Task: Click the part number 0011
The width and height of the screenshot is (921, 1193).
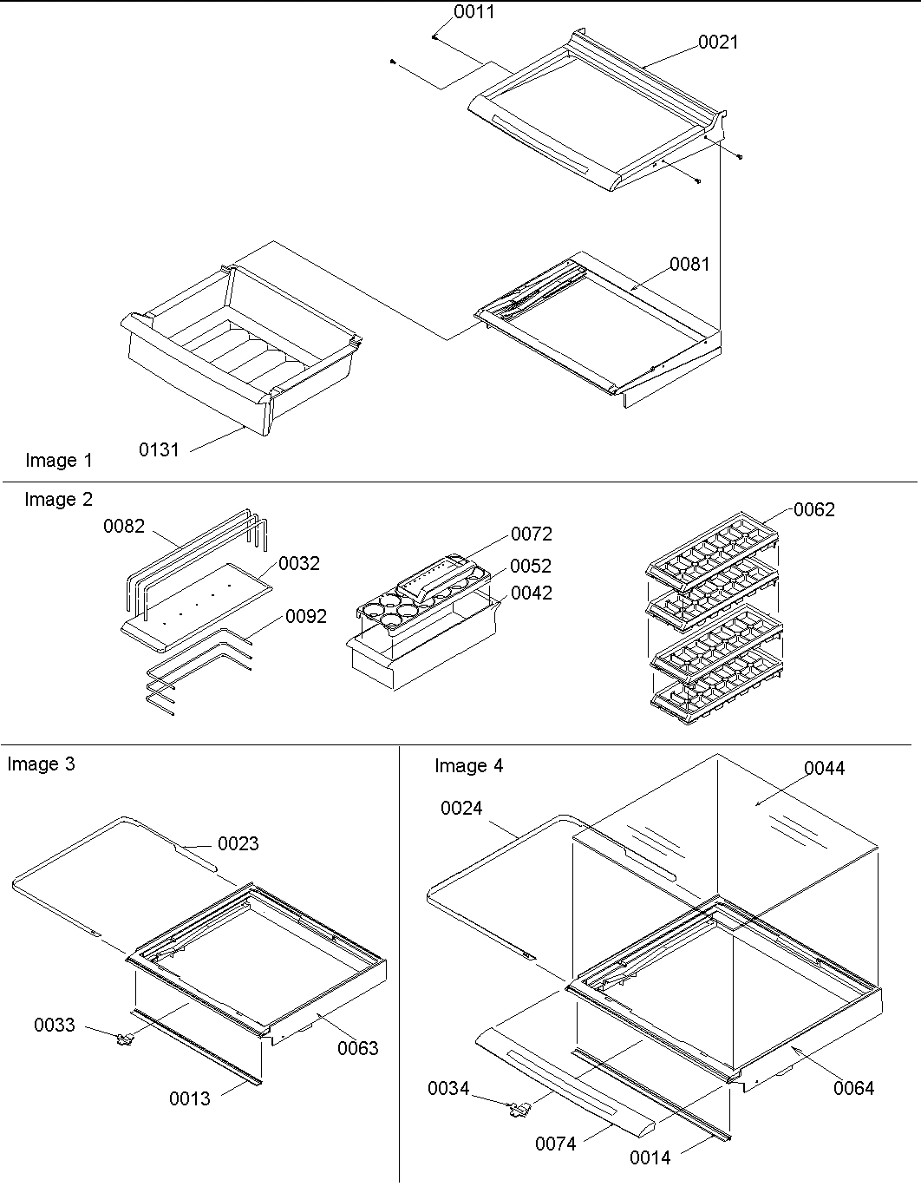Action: pos(474,12)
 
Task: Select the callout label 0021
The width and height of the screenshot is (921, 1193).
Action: pos(719,42)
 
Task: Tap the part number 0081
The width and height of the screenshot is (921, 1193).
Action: pos(689,264)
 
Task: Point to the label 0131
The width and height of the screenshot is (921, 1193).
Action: pos(159,449)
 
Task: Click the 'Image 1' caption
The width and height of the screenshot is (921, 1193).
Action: pos(58,461)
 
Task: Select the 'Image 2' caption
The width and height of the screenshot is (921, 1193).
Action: pos(58,500)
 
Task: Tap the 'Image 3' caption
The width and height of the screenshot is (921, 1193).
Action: pos(41,764)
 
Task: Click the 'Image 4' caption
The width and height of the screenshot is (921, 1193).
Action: pos(468,766)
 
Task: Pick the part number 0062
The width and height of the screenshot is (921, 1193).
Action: pos(813,510)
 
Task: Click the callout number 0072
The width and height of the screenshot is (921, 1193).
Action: pos(531,534)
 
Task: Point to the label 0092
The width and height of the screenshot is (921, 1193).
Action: pos(306,617)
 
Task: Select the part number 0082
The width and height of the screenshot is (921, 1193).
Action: pos(124,527)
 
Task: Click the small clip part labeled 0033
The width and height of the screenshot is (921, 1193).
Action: pos(127,1037)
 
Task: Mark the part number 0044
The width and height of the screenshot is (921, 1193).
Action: pos(824,768)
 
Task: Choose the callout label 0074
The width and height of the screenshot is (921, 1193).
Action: pos(555,1144)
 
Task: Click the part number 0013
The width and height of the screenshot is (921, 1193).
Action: pos(190,1099)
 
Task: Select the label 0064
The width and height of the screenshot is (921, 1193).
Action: pos(853,1088)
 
